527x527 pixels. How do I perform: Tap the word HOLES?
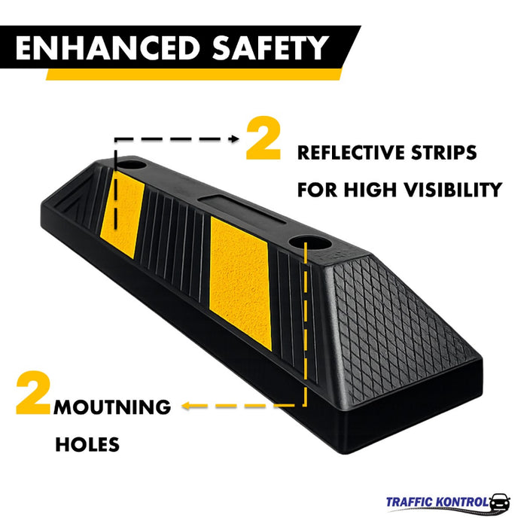(87, 445)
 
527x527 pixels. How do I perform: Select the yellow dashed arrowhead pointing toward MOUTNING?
(186, 407)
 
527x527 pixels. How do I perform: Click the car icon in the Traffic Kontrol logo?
(499, 502)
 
